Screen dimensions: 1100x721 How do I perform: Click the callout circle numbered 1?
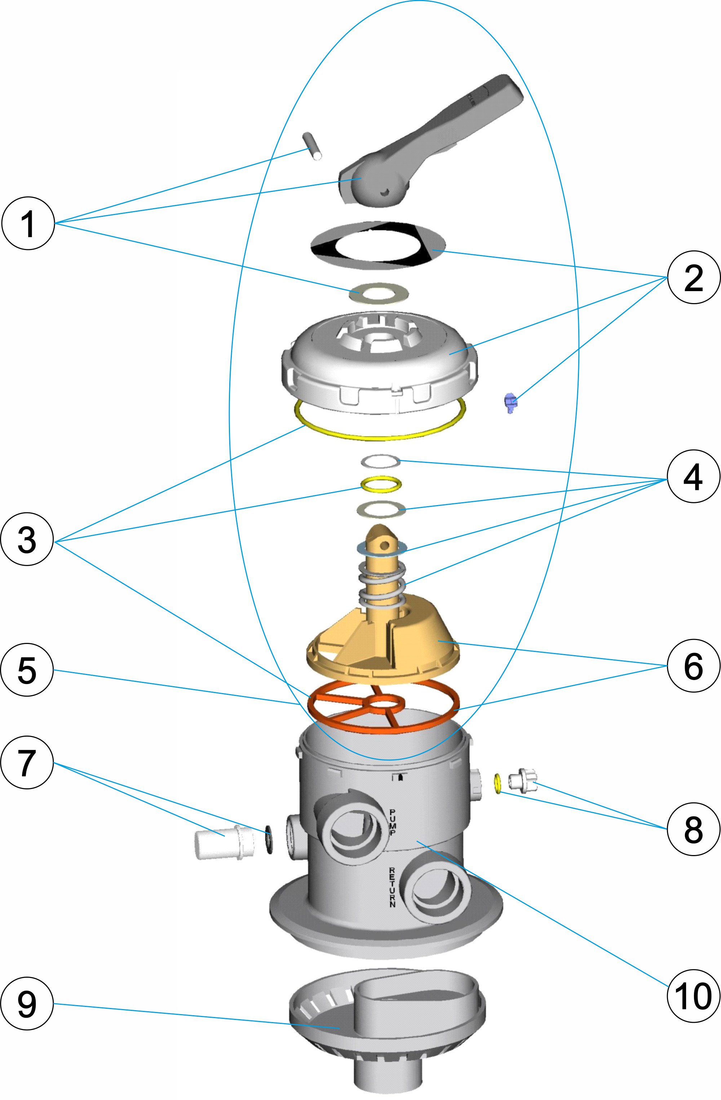pos(28,224)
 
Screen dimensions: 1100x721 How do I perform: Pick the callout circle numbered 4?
pos(693,477)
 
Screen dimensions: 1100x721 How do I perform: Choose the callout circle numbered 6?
pos(693,666)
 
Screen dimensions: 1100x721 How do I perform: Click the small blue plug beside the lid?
pos(510,402)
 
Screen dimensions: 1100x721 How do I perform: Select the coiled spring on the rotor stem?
pos(382,585)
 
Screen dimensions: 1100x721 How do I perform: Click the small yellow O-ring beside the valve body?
pos(497,783)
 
